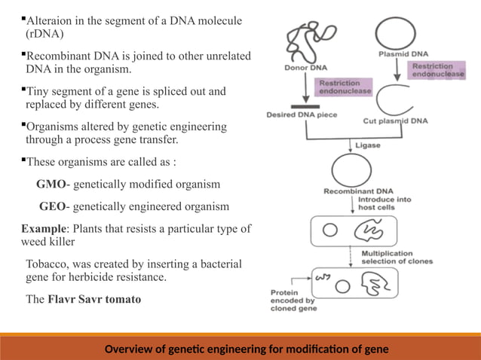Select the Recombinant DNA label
349,191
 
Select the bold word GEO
53,206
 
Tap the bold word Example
43,229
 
